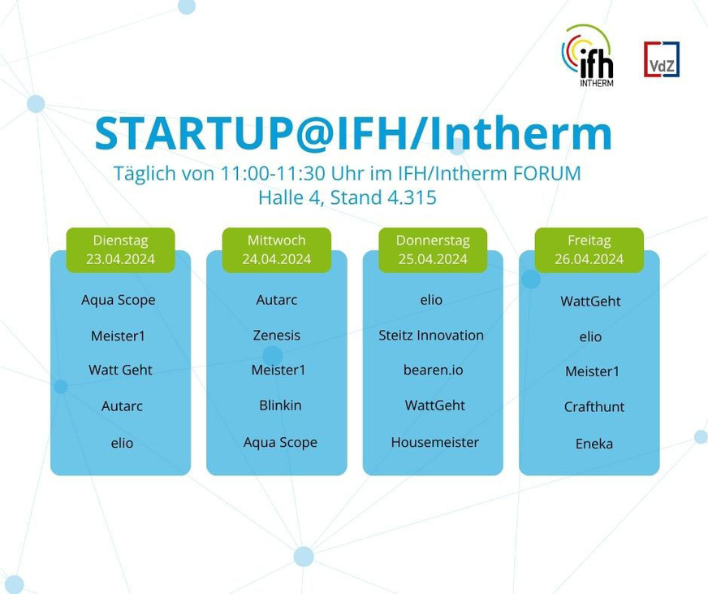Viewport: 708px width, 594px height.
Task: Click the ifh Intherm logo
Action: [x=588, y=54]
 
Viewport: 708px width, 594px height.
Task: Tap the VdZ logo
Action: [x=662, y=59]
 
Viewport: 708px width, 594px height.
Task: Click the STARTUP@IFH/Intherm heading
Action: [x=353, y=134]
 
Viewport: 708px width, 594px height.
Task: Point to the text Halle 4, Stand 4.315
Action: [x=348, y=197]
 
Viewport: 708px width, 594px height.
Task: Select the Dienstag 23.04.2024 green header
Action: [x=120, y=249]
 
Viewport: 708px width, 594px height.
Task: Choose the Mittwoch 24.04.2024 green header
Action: [x=277, y=249]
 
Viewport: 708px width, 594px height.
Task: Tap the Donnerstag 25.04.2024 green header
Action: [x=432, y=249]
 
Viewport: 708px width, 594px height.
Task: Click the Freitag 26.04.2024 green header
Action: [x=589, y=249]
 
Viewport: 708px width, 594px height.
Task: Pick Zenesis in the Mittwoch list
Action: [x=277, y=335]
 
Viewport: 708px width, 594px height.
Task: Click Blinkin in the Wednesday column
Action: [x=279, y=405]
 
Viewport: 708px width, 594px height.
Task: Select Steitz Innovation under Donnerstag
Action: [x=431, y=335]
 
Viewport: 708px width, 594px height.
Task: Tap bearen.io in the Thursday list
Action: [x=434, y=370]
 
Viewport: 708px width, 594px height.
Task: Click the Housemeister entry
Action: [x=435, y=442]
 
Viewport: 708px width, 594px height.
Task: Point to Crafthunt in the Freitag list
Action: [x=594, y=406]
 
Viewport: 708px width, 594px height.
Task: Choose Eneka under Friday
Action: [x=594, y=444]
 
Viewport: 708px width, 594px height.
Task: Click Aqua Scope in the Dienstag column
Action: [x=119, y=300]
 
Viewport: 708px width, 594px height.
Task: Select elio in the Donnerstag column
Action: [x=431, y=300]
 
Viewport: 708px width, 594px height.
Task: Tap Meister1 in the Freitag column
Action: [x=593, y=371]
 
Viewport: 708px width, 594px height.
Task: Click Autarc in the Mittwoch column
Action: [x=277, y=300]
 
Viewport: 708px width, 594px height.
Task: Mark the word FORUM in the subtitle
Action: [x=546, y=174]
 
